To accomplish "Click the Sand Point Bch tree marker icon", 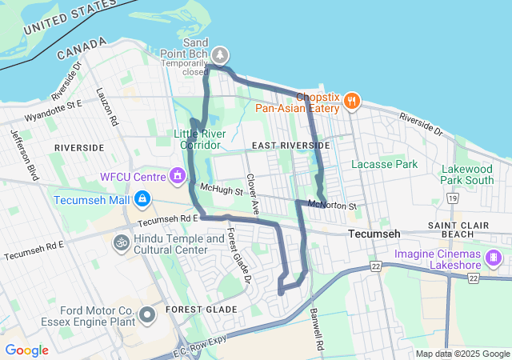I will point(219,55).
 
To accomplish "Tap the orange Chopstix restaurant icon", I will point(352,101).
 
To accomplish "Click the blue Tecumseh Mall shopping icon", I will point(142,198).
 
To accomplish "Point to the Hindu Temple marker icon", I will point(122,241).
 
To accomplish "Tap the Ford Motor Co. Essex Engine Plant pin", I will point(146,315).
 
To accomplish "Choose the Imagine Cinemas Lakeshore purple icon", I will point(494,258).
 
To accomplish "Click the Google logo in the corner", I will point(26,350).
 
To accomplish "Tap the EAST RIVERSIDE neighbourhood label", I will point(290,146).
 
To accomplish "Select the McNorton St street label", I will point(332,206).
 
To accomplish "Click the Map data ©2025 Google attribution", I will point(462,354).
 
